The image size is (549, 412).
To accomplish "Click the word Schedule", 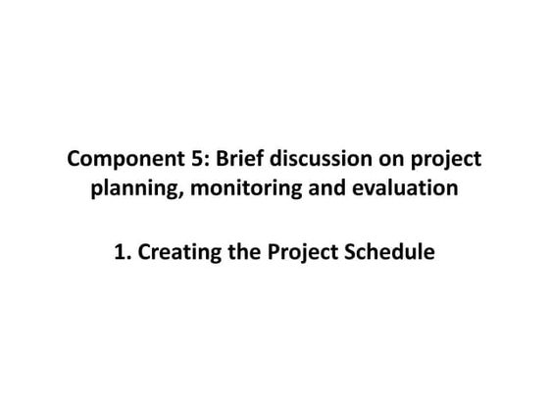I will tap(391, 252).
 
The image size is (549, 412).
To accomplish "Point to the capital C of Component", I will tap(72, 160).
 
